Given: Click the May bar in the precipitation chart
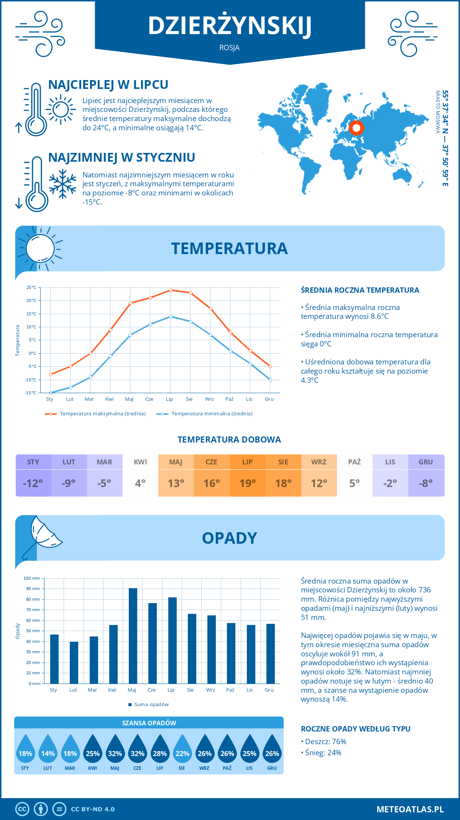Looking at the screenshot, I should pos(133,636).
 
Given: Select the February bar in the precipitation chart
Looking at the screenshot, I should pos(74,663).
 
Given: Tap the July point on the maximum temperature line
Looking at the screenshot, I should pos(171,290).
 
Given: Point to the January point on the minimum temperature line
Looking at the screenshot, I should pos(51,393).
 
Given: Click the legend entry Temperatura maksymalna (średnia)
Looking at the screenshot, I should pos(95,414).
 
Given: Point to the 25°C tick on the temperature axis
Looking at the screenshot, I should pos(31,287).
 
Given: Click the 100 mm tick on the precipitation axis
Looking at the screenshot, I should pos(32,578).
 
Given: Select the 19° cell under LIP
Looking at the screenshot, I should pos(248,483).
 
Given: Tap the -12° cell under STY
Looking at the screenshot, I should pos(33,483).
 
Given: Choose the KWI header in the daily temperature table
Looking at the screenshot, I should pos(140,462).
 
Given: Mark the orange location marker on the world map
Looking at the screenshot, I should pos(356,128).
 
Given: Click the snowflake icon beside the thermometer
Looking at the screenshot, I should pos(62,184).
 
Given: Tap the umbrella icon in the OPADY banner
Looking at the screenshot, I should pos(43,536).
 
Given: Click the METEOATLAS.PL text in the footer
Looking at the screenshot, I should pos(410,809).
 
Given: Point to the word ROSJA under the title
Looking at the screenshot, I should pos(229,48).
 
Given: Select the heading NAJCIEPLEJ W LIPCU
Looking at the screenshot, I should pos(108,85).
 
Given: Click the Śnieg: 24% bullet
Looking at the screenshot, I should pos(323,753).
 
